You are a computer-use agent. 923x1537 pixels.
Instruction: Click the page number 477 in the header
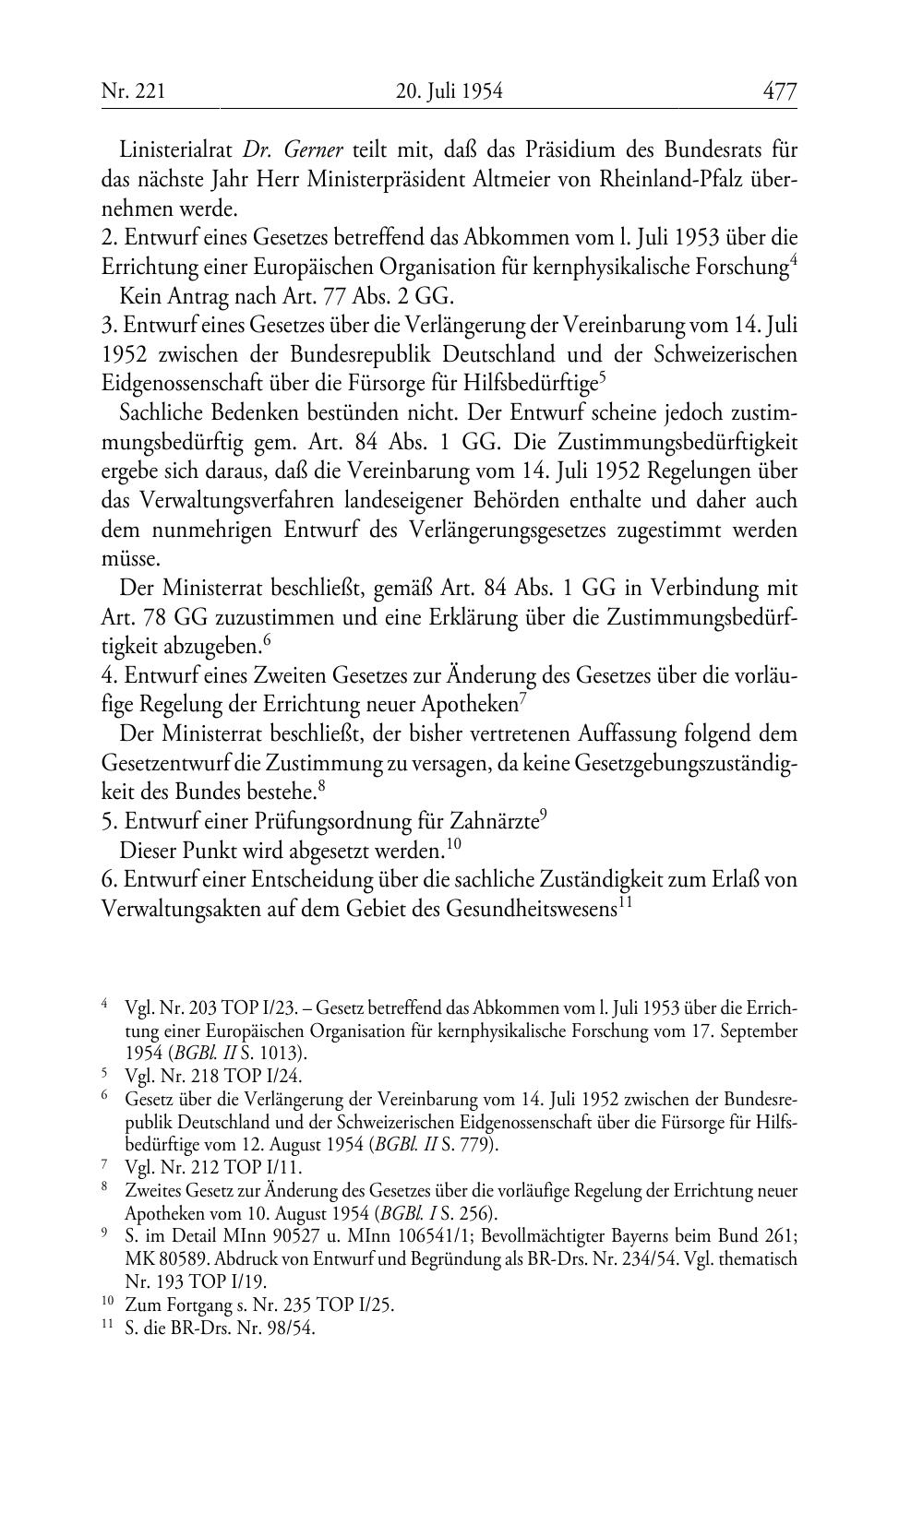(x=779, y=91)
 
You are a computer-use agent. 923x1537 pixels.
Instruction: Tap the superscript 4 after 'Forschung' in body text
(x=793, y=261)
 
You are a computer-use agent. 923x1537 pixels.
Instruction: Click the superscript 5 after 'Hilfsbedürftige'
(x=602, y=375)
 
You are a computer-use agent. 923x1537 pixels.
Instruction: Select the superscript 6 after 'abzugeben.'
(x=268, y=637)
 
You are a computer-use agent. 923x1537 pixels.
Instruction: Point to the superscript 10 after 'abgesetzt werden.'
(x=453, y=841)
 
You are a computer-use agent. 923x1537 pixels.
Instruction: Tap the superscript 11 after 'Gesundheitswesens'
(x=624, y=900)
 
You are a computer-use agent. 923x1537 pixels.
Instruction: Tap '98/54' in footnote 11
(x=294, y=1329)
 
